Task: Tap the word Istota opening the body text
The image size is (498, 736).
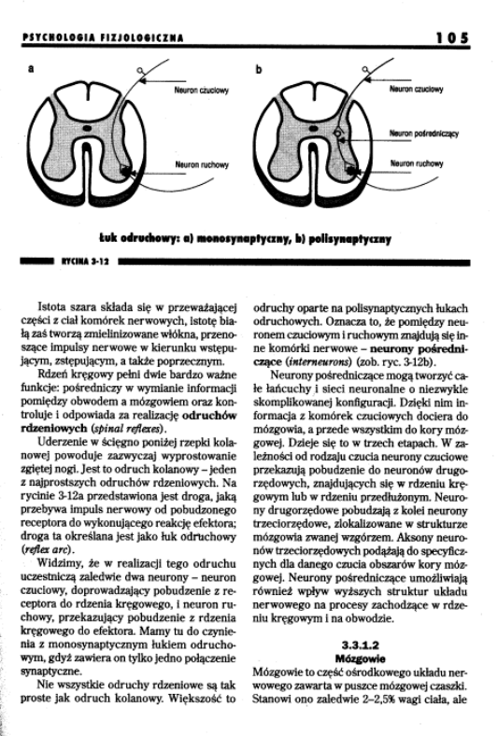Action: coord(53,305)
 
